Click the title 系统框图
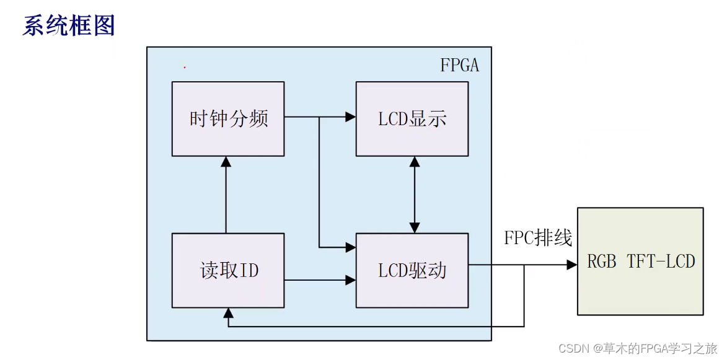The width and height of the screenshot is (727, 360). (69, 26)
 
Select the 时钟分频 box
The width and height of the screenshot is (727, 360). (227, 118)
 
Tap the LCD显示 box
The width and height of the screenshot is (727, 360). (412, 118)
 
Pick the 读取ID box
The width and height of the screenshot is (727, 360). (227, 270)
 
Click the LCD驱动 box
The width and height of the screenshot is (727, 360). (412, 270)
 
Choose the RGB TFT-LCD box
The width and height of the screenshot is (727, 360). (640, 261)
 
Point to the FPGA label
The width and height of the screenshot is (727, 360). (459, 65)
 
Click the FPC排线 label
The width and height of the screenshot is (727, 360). (537, 238)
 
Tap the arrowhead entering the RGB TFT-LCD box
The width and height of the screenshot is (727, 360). (571, 265)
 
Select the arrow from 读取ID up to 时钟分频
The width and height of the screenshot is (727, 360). (226, 195)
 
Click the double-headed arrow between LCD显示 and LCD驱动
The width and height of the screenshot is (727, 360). (414, 195)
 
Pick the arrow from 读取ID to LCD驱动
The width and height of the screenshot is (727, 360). (319, 281)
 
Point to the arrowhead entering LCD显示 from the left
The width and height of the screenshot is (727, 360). (351, 116)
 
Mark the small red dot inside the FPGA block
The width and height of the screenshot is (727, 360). (185, 66)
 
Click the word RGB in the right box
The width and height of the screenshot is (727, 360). (602, 261)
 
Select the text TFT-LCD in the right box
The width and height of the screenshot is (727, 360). (661, 261)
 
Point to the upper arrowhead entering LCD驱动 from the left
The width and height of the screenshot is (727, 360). (351, 247)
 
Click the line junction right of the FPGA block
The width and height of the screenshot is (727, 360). (524, 265)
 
